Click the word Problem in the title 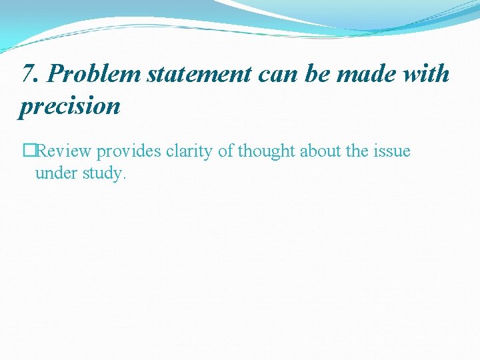[x=94, y=75]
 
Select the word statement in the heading [x=199, y=75]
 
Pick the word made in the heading [x=366, y=75]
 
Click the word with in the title [x=426, y=75]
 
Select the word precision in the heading [x=70, y=105]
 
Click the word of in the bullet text [x=225, y=151]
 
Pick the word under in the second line [x=55, y=173]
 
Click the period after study [x=124, y=178]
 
